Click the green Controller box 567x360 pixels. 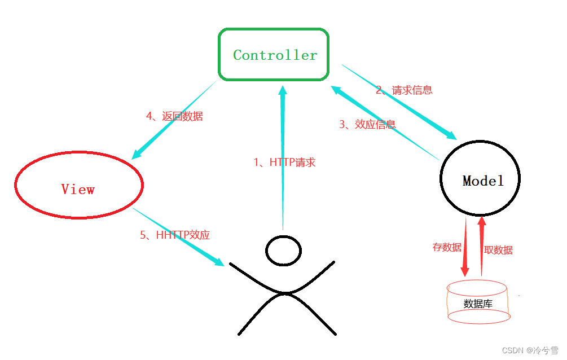[274, 54]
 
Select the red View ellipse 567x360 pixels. [78, 185]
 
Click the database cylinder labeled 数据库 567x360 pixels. [478, 302]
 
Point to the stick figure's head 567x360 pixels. [283, 250]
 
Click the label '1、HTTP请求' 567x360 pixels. [284, 163]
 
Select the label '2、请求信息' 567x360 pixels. [404, 90]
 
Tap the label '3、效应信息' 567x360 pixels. [367, 125]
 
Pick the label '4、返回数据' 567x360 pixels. [174, 116]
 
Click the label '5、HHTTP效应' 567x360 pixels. [175, 235]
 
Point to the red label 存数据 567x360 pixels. [447, 247]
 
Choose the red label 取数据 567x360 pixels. [498, 250]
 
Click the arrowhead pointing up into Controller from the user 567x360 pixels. [283, 90]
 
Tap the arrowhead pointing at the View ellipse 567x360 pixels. [136, 153]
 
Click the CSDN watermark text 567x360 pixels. [529, 350]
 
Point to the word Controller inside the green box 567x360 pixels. [275, 55]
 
